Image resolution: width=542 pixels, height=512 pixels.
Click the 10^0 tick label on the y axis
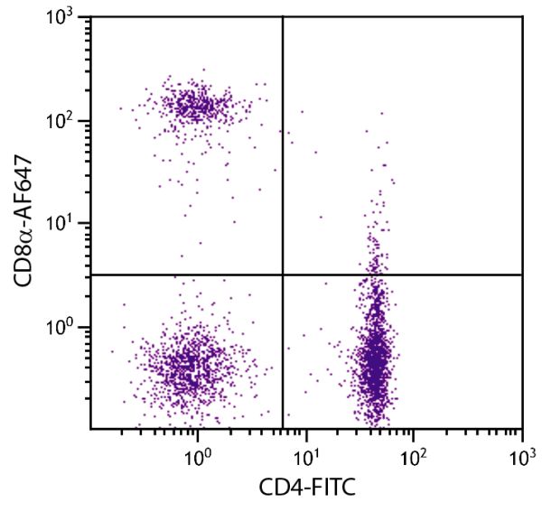(65, 327)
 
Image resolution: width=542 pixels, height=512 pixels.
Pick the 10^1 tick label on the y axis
(65, 224)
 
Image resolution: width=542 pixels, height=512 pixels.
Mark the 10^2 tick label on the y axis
(65, 121)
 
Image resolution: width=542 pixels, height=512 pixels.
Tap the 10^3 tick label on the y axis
(65, 19)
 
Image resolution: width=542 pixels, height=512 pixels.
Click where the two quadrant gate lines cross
(283, 275)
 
